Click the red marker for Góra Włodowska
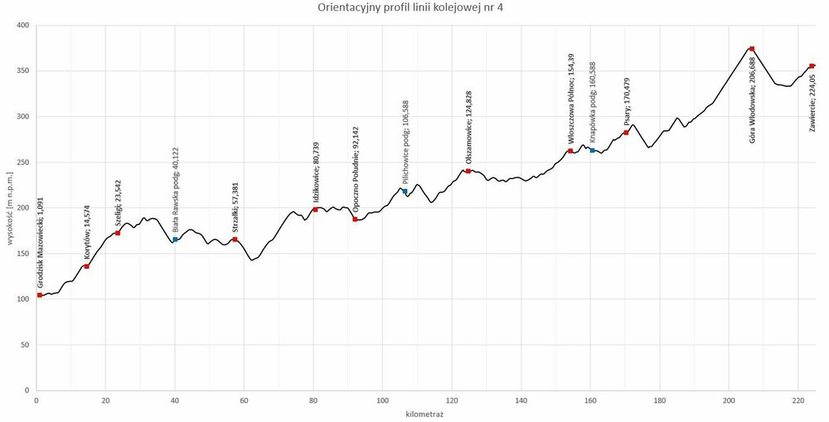tap(752, 49)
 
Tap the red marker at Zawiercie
tap(812, 65)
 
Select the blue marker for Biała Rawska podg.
tap(175, 240)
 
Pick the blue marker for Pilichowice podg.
tap(405, 192)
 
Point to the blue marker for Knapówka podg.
tap(592, 150)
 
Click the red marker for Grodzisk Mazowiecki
tap(40, 295)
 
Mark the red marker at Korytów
tap(87, 266)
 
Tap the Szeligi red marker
tap(118, 233)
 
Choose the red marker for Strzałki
tap(235, 240)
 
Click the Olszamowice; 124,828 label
tap(468, 138)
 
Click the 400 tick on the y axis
tap(22, 26)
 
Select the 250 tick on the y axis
tap(22, 162)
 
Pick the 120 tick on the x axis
tap(451, 400)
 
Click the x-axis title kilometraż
tap(424, 413)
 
